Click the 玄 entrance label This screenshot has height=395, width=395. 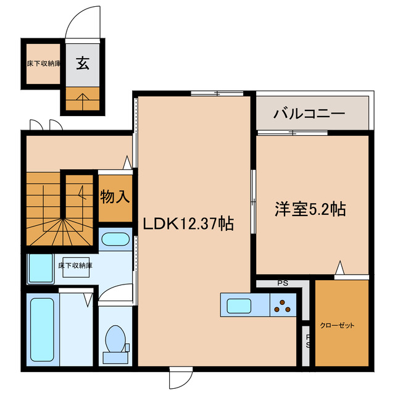81,63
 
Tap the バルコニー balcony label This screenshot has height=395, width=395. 309,114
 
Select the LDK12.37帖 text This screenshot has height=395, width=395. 188,223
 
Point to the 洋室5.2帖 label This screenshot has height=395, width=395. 310,209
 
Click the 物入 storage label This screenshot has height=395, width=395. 115,197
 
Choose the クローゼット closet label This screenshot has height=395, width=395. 338,325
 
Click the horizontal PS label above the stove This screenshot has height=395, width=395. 283,284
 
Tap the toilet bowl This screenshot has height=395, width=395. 115,340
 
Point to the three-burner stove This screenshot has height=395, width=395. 283,306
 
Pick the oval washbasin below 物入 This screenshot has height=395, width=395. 115,240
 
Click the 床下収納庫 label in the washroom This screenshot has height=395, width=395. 75,266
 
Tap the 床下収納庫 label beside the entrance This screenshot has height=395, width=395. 43,63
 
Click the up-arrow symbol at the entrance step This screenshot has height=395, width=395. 81,97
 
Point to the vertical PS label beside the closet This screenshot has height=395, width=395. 307,341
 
